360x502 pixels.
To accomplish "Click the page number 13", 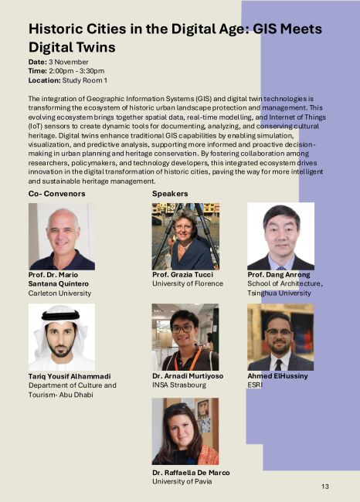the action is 325,486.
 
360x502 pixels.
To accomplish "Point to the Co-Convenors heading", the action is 56,192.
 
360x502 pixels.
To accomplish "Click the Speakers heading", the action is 170,192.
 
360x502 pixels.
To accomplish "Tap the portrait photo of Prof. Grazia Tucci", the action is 185,236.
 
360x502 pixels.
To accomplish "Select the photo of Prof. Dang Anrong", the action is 280,236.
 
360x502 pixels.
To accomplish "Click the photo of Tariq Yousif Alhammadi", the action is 61,337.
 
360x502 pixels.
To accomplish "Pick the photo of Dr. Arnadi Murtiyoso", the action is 185,337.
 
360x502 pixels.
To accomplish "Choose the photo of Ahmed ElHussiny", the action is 280,337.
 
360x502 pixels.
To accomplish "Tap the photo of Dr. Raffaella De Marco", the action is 185,431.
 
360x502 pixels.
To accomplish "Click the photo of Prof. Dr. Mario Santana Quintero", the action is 61,236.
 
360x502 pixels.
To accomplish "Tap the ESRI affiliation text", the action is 255,384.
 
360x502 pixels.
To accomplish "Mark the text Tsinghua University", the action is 280,293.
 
